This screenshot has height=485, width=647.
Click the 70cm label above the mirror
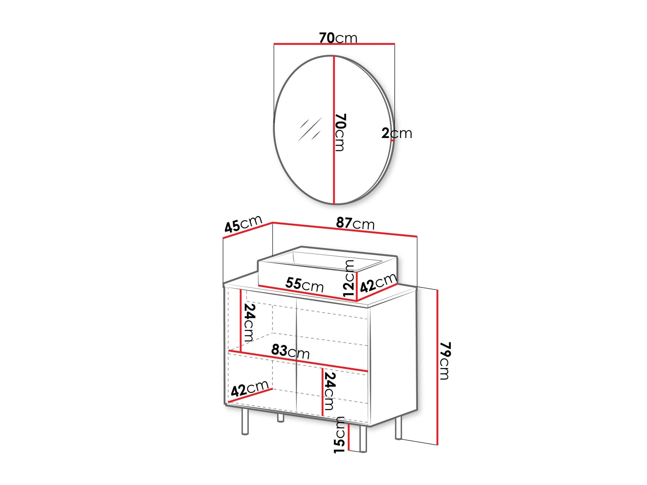coord(338,38)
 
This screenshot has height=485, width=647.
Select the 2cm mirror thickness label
coord(397,133)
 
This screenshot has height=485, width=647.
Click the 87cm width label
coord(355,223)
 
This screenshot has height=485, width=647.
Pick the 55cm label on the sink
coord(304,284)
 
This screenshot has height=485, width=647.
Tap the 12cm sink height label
coord(349,278)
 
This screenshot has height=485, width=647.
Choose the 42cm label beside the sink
coord(378,283)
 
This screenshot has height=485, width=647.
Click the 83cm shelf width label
coord(291,351)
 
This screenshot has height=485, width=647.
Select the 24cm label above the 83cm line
coord(249,322)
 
